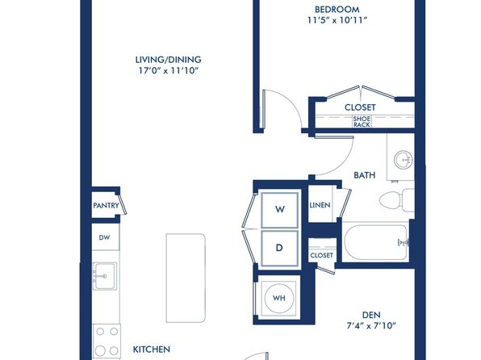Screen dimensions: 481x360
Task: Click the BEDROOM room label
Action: pos(337,9)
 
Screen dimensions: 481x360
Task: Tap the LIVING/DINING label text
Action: pos(169,60)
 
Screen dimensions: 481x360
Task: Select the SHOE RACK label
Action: pos(362,122)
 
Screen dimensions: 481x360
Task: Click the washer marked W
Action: pos(279,210)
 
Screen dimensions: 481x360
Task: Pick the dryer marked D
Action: pos(279,248)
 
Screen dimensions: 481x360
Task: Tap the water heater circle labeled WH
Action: pos(279,298)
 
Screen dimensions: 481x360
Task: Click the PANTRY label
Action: pos(106,205)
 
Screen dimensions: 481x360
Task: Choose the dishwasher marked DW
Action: pos(104,237)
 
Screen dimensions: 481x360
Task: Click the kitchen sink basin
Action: pos(105,276)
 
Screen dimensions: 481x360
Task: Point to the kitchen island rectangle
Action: pos(186,278)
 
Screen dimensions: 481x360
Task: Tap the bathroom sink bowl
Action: pos(404,160)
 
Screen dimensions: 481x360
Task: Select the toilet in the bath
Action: pos(397,200)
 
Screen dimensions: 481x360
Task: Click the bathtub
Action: pos(376,242)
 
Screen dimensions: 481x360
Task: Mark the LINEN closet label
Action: pos(320,205)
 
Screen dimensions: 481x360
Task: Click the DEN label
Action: pos(371,315)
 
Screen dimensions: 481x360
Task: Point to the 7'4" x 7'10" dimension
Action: pos(371,325)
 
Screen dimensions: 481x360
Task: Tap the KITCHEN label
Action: pos(152,350)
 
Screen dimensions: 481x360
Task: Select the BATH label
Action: pos(365,175)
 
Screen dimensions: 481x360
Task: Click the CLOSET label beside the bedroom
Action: pos(360,107)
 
